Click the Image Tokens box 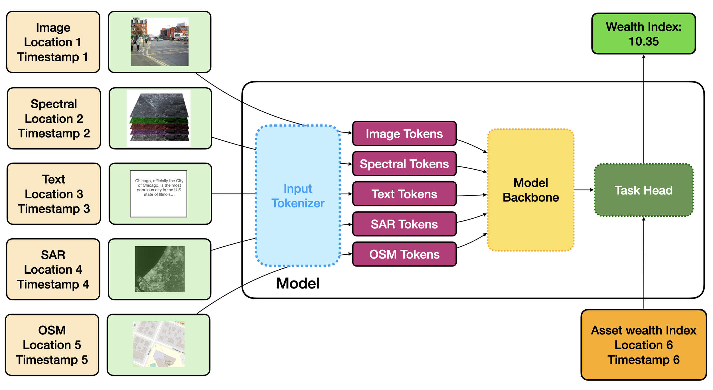pos(404,134)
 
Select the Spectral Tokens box pos(404,164)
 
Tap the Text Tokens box pos(404,194)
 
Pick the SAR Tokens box pos(404,224)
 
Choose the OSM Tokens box pos(404,254)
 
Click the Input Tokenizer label pos(298,196)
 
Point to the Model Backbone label pos(530,190)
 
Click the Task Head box pos(643,190)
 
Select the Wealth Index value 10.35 pos(643,42)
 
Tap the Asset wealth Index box pos(643,345)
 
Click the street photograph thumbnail pos(159,42)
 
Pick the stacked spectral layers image pos(159,118)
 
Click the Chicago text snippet pos(159,188)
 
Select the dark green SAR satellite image pos(159,269)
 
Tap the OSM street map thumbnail pos(159,344)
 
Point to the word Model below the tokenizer pos(297,283)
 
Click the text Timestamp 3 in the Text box pos(54,209)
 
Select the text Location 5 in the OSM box pos(52,345)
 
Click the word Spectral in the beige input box pos(54,104)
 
